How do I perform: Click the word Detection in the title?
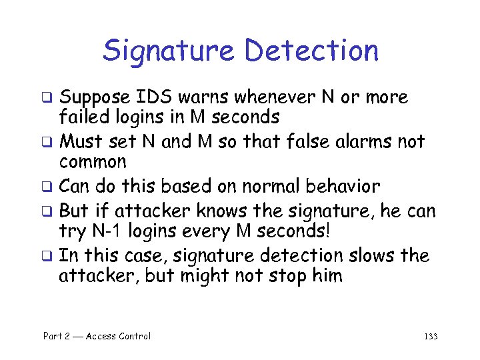coord(311,51)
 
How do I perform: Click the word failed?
coord(79,117)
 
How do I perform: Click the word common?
coord(93,162)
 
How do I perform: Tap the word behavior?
coord(345,186)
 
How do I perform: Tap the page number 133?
coord(430,337)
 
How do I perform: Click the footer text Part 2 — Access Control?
coord(97,337)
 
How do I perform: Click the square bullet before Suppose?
coord(48,99)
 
